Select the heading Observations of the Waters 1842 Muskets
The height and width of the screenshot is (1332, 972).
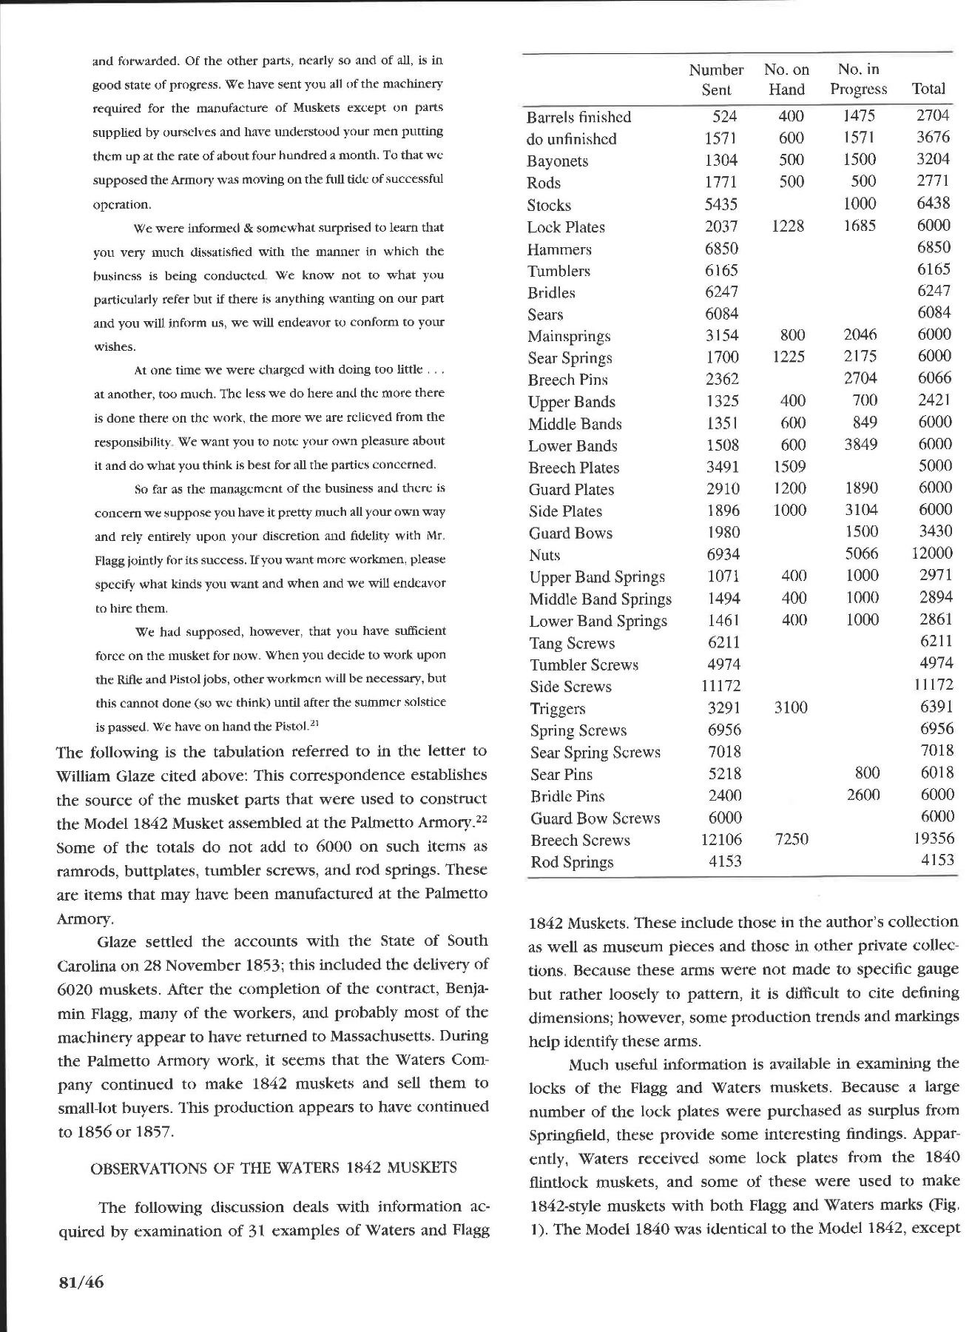point(274,1168)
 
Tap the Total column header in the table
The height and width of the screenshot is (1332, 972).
point(928,89)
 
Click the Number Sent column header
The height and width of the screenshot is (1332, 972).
point(715,79)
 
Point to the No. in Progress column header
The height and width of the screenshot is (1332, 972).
point(858,79)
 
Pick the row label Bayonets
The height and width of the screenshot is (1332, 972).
point(557,161)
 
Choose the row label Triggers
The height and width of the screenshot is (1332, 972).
point(557,709)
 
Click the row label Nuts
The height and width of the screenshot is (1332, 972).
point(544,555)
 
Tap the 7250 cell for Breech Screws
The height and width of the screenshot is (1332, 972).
point(790,839)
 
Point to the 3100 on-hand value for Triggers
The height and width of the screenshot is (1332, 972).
point(790,707)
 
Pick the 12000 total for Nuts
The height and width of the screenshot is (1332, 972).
point(934,554)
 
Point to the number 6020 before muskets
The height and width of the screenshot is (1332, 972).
point(75,989)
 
